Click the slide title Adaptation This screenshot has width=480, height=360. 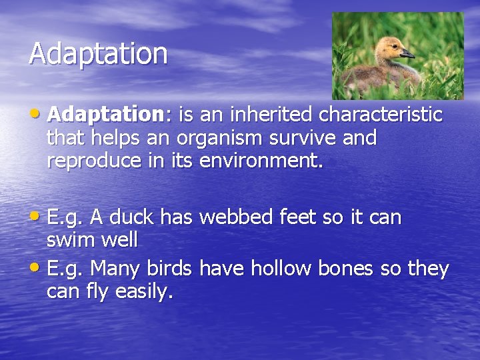pyautogui.click(x=98, y=53)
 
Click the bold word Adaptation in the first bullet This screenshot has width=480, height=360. pyautogui.click(x=105, y=115)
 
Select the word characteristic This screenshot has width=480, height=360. pyautogui.click(x=381, y=115)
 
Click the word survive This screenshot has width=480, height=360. pyautogui.click(x=311, y=138)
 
